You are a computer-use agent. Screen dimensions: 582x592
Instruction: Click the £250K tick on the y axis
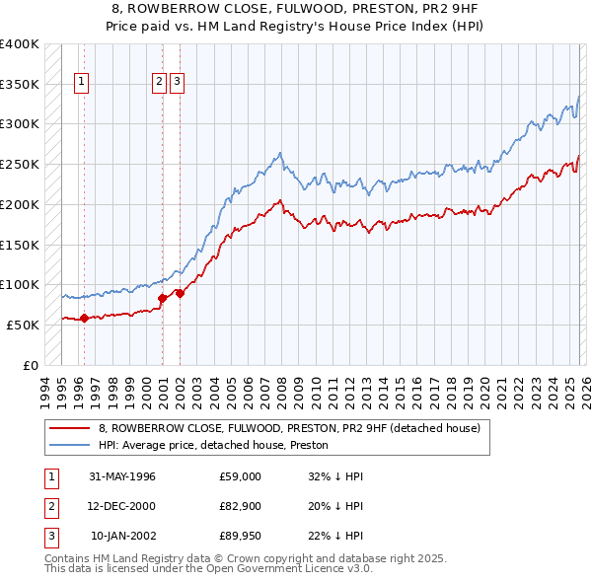[x=20, y=165]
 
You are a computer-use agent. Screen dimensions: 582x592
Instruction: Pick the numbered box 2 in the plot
[x=159, y=83]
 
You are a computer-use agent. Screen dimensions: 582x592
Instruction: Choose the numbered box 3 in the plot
[x=177, y=83]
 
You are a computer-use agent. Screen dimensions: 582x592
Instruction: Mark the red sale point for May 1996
[x=84, y=318]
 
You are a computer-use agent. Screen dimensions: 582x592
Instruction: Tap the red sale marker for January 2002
[x=181, y=293]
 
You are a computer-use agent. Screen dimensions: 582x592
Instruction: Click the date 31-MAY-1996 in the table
[x=121, y=476]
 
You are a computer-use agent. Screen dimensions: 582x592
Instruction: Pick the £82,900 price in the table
[x=241, y=506]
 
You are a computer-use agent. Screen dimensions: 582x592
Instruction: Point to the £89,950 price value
[x=241, y=536]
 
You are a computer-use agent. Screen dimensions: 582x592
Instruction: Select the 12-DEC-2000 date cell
[x=121, y=506]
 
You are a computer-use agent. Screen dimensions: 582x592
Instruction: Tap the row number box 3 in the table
[x=48, y=536]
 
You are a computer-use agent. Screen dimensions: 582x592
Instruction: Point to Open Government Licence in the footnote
[x=266, y=569]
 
